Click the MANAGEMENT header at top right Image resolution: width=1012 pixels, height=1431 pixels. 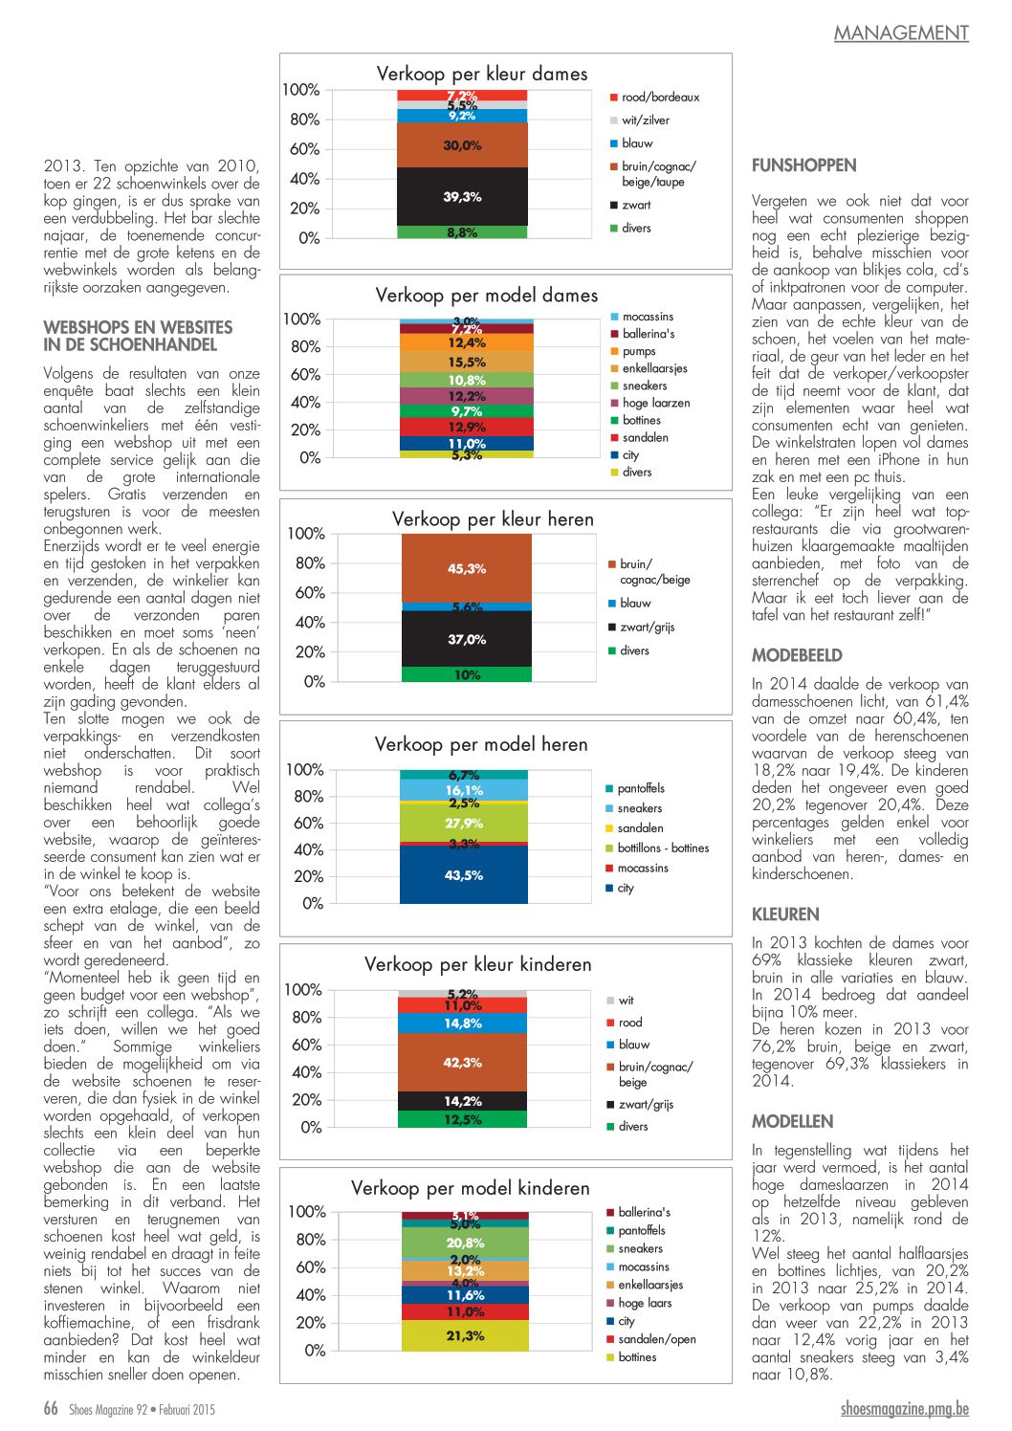pos(901,33)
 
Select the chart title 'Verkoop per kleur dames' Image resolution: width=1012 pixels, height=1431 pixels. pos(482,74)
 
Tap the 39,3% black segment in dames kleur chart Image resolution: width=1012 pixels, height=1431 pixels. pos(462,196)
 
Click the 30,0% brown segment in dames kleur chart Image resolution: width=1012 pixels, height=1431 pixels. pos(462,145)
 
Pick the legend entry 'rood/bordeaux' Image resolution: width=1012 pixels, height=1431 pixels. pos(660,98)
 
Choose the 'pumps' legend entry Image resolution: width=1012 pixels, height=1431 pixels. pos(639,351)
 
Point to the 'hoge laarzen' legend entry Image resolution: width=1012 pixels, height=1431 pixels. pos(655,403)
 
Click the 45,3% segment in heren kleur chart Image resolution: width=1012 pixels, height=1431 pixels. pos(467,568)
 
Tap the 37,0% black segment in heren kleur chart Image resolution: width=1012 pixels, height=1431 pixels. pos(467,639)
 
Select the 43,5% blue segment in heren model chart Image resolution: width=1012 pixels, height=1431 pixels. pos(464,874)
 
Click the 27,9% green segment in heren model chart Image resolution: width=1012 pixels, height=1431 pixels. pos(464,823)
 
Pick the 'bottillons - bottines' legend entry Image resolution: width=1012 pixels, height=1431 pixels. pos(663,848)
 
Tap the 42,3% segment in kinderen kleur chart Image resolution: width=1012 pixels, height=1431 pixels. pos(463,1062)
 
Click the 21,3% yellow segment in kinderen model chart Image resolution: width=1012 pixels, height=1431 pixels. pos(465,1335)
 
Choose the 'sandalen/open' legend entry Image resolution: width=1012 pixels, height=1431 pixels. pos(656,1339)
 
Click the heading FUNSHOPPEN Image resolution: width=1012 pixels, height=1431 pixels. pos(803,165)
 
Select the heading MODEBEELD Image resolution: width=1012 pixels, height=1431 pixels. pos(797,655)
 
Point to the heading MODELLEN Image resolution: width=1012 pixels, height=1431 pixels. pos(792,1121)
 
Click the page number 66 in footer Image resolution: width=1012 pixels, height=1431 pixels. pos(51,1408)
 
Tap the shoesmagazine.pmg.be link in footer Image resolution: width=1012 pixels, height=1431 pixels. pos(905,1408)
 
